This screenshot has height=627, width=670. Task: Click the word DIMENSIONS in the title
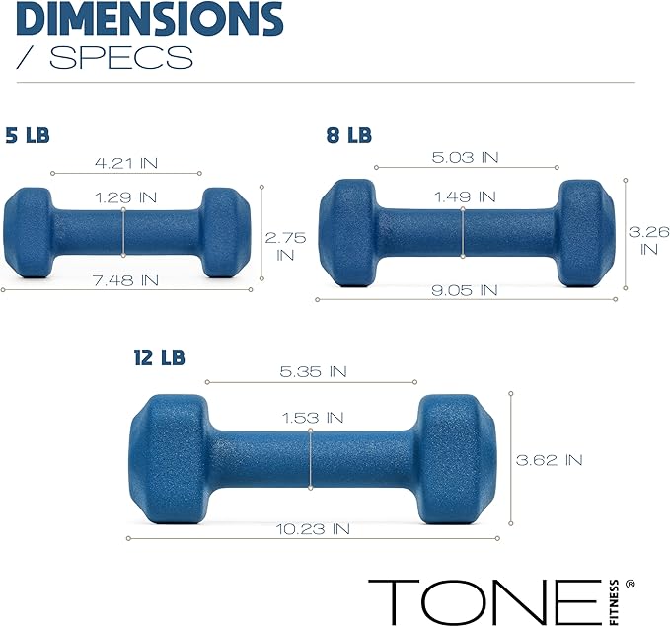point(150,17)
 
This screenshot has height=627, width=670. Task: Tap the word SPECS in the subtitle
point(120,57)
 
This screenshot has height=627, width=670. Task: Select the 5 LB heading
point(27,135)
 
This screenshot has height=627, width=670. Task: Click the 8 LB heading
point(348,135)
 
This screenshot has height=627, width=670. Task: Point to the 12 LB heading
point(159,355)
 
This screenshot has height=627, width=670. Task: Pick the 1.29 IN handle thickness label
point(124,197)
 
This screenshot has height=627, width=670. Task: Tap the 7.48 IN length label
point(124,280)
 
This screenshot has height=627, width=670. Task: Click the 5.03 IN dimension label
point(465,157)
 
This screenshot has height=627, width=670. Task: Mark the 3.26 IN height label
point(648,240)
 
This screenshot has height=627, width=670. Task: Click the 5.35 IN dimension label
point(313,371)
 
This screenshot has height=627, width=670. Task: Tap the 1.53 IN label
point(313,419)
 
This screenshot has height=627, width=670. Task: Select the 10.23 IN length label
point(313,529)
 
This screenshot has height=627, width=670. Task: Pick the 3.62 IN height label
point(549,459)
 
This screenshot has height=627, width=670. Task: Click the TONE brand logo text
point(484,598)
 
